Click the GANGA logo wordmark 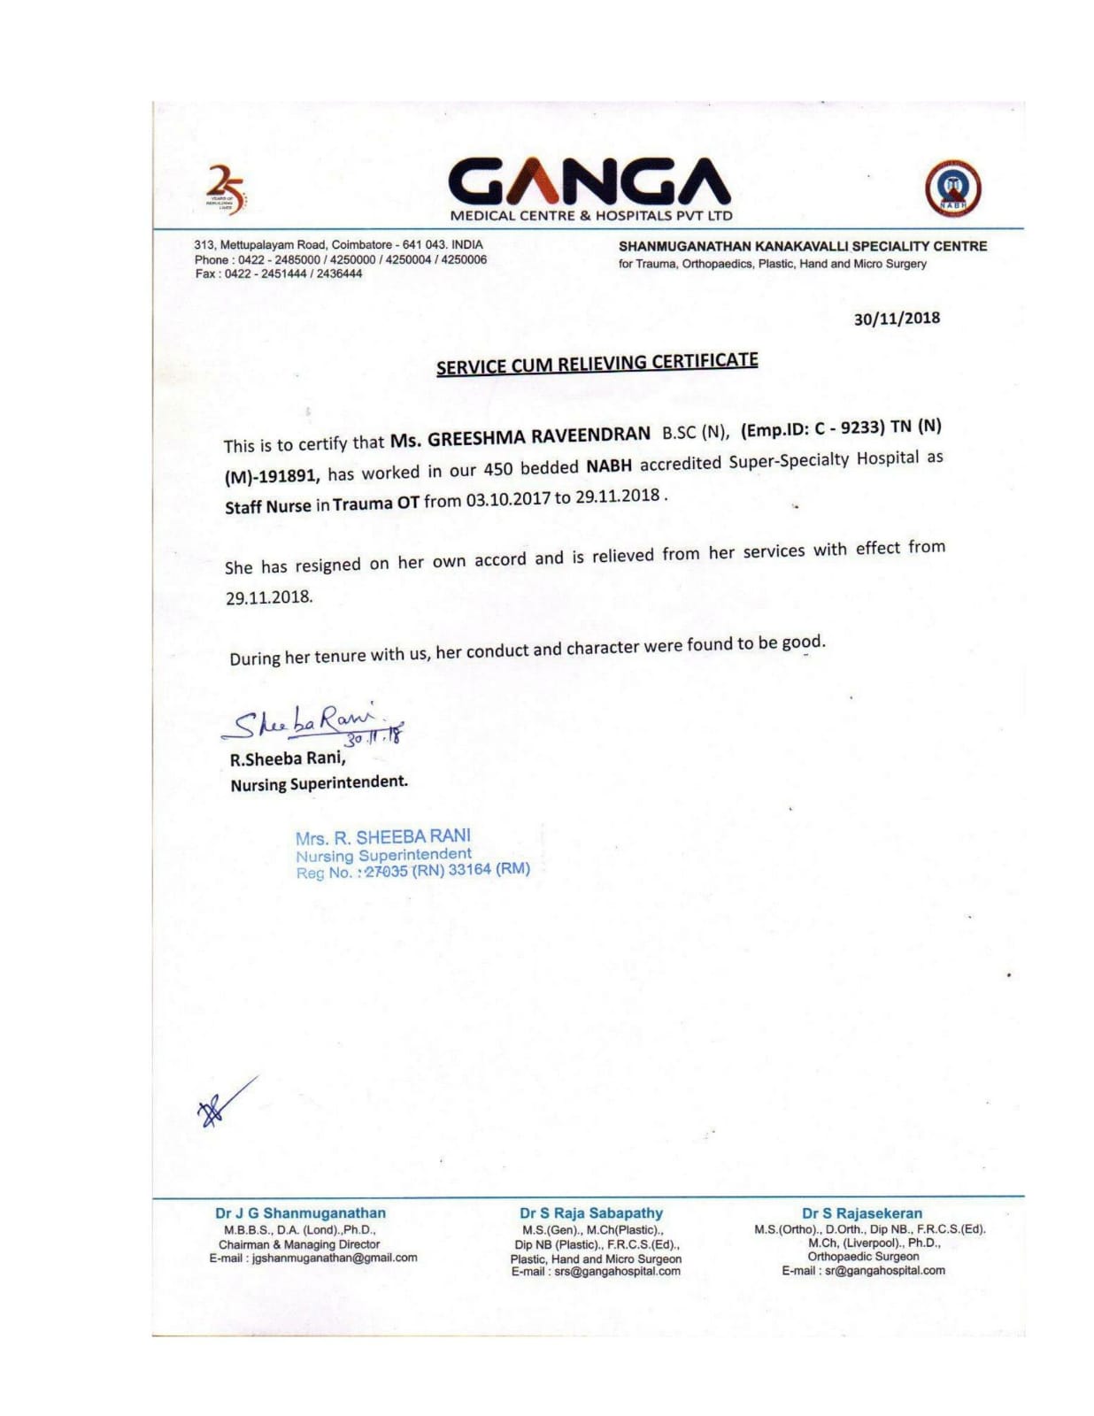[589, 181]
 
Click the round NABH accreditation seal [953, 189]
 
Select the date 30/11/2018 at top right [897, 319]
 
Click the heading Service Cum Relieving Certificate [597, 364]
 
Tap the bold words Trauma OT [375, 504]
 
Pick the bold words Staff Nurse [267, 507]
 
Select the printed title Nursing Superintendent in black [319, 783]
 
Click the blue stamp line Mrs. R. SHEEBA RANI [383, 836]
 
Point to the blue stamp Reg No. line [412, 871]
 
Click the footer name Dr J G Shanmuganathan [300, 1213]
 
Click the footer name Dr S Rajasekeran [861, 1213]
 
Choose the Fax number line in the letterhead [278, 273]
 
